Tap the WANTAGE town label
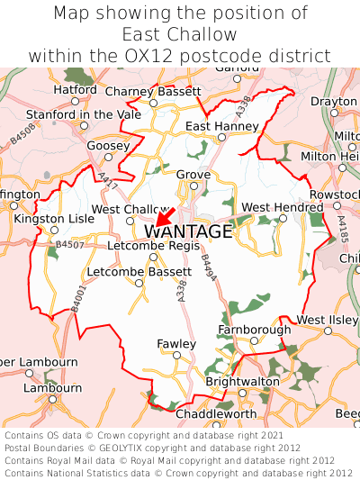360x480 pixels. (187, 232)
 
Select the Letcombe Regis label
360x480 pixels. (153, 245)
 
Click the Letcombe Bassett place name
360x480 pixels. (139, 271)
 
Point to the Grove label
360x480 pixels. (193, 175)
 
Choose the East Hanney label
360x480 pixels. (222, 126)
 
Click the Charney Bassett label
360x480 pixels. (153, 91)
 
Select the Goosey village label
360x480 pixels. (108, 145)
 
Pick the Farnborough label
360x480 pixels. (255, 330)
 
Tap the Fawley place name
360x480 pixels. (176, 344)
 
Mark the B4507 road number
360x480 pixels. (69, 244)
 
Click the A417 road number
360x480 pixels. (108, 180)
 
